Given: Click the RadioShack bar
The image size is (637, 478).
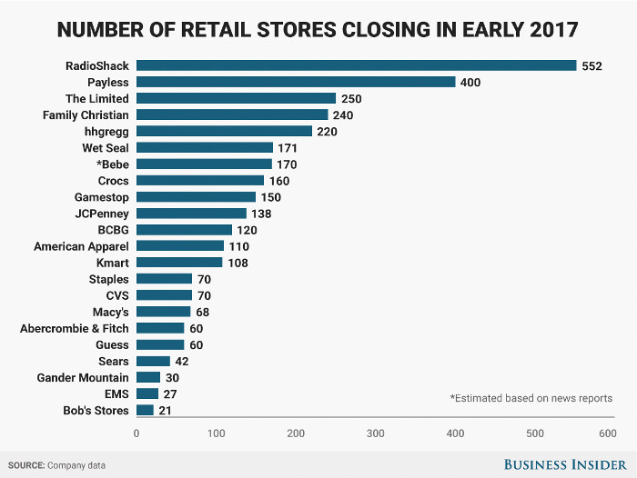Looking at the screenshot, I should [x=356, y=65].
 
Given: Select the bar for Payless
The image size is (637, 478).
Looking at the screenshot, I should [x=296, y=82].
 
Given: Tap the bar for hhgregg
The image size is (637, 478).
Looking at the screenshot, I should [x=224, y=131].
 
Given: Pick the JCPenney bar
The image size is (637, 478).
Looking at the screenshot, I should [x=191, y=214].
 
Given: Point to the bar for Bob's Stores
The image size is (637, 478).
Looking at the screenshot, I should [x=145, y=411].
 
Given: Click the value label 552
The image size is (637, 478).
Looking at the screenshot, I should [x=591, y=65].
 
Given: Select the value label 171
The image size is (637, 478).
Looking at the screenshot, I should [x=288, y=147].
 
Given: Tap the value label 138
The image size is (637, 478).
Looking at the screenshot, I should [x=261, y=214].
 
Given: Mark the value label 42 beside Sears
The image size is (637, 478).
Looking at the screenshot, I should [x=181, y=361].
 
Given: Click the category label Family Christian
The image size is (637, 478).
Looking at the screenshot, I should [x=86, y=115].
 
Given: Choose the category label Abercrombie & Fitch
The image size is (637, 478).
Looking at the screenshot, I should [x=75, y=328].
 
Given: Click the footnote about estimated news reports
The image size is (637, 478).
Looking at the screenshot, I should [x=531, y=398].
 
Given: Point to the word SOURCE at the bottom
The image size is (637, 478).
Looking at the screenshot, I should [x=28, y=465].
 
